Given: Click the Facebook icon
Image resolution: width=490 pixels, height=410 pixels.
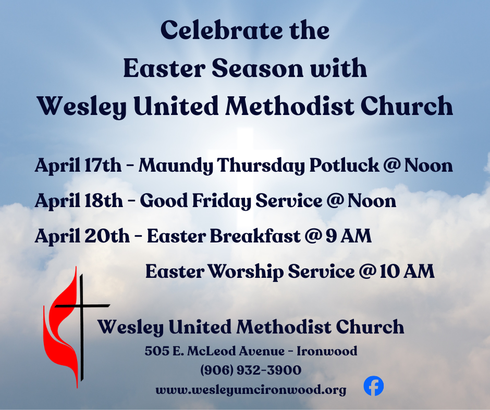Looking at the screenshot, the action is pos(373,386).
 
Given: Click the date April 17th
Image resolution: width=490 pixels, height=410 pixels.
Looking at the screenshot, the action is pos(78,165).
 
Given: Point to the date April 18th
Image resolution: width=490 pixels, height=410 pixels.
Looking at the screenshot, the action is pos(79,201).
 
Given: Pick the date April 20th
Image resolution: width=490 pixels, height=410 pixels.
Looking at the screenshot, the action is pos(82,236).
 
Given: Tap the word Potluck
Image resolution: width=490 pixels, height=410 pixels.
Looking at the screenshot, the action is pos(344,165).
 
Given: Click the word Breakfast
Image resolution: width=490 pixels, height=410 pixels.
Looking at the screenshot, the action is pos(255,236).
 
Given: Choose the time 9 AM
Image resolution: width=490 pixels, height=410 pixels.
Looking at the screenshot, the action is pos(348,236).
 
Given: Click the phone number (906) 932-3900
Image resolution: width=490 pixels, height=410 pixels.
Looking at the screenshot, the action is pos(251,370).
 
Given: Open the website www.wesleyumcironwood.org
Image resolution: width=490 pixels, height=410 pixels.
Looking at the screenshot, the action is pos(251,390).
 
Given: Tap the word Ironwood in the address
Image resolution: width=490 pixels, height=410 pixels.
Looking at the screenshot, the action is pos(327,351).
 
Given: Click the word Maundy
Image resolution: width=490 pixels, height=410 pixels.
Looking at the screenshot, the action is pos(176,165).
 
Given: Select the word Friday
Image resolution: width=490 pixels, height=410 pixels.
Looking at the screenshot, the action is pos(221,201).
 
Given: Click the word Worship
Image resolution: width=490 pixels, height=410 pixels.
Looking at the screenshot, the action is pos(246,272).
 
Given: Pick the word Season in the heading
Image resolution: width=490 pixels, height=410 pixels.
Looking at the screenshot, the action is pos(258,68).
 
